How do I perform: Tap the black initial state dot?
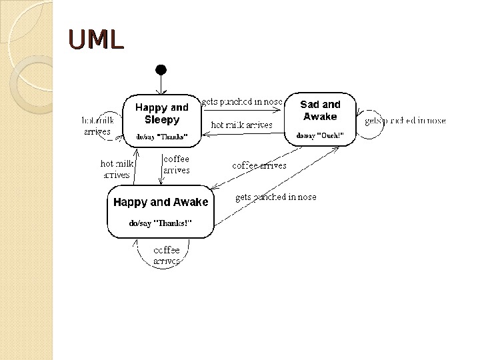(x=160, y=69)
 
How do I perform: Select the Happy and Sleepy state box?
(x=162, y=120)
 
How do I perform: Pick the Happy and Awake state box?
(x=161, y=212)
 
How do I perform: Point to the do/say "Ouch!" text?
(x=321, y=135)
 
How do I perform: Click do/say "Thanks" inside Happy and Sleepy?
(x=162, y=137)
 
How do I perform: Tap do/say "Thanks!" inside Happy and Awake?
(x=160, y=223)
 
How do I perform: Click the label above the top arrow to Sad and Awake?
(x=242, y=102)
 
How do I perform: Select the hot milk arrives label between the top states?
(x=241, y=125)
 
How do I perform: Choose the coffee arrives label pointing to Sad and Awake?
(x=259, y=165)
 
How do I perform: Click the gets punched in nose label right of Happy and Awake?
(x=276, y=197)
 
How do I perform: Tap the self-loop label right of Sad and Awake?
(x=405, y=121)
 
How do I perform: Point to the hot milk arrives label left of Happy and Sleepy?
(x=97, y=126)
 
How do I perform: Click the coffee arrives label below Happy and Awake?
(x=167, y=256)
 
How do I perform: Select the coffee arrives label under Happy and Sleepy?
(x=177, y=165)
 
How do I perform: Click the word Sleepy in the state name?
(x=162, y=120)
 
